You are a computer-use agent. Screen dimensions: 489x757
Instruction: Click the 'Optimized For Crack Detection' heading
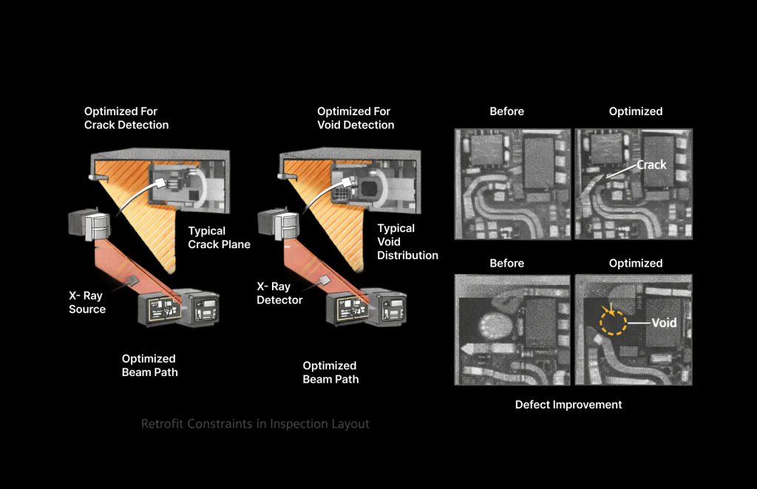[126, 118]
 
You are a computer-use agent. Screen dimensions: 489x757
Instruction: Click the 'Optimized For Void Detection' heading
[356, 118]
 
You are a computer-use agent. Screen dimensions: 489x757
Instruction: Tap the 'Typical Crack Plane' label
[219, 237]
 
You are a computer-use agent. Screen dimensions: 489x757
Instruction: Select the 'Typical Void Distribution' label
[407, 242]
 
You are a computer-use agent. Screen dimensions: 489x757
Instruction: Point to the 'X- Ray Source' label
[87, 302]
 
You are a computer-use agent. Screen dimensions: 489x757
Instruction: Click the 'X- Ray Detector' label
[279, 293]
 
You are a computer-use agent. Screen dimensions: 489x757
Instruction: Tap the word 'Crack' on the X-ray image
[651, 165]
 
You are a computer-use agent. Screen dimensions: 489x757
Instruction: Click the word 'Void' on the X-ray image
[663, 323]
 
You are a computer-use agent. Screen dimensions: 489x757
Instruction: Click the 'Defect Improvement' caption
[568, 404]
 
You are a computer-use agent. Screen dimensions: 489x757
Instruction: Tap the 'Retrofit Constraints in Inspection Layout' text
[255, 424]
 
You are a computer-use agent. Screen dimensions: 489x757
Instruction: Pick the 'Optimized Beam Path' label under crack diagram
[150, 365]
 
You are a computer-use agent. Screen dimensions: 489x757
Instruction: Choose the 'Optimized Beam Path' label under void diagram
[330, 372]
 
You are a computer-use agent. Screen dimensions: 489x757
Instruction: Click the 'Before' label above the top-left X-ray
[507, 111]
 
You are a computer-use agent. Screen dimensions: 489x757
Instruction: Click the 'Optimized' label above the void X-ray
[635, 263]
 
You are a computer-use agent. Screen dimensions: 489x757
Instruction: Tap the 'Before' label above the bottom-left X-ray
[507, 263]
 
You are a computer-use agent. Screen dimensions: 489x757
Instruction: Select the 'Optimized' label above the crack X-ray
[635, 111]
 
